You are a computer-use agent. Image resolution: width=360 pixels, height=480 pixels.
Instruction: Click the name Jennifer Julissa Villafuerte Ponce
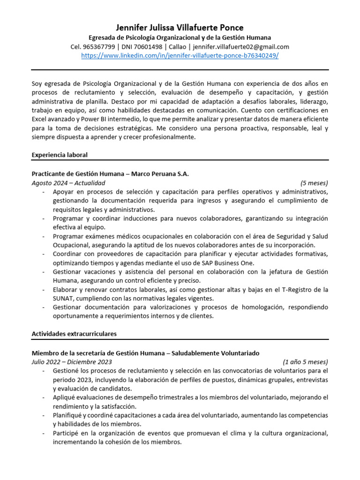(180, 28)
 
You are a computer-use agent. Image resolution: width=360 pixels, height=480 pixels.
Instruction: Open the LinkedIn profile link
(180, 55)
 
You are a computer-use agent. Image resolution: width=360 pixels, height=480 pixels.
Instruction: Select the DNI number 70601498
(148, 46)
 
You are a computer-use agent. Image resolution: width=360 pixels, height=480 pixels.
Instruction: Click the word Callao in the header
(178, 46)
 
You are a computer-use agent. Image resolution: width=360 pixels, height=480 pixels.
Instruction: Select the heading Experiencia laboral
(60, 155)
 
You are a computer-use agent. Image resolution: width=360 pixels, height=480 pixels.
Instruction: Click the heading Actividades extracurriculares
(74, 334)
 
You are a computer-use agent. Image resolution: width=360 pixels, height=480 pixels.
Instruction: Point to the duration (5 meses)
(314, 183)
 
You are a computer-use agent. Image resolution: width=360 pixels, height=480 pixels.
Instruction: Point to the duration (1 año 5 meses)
(305, 362)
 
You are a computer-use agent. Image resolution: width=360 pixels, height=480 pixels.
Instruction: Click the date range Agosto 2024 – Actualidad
(68, 183)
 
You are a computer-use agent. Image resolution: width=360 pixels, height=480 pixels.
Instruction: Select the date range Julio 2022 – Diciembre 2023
(72, 362)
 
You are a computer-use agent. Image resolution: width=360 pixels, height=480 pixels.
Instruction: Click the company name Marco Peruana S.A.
(160, 173)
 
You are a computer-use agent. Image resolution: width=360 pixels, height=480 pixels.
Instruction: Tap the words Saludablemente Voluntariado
(215, 352)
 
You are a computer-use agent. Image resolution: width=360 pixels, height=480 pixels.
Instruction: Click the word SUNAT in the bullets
(63, 299)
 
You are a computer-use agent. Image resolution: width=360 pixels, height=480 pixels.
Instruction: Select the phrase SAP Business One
(227, 263)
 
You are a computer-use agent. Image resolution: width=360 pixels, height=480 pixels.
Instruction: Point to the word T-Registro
(298, 290)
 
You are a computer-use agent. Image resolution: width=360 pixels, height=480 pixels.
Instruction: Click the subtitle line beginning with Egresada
(180, 37)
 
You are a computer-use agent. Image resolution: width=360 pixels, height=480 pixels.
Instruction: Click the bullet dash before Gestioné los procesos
(44, 371)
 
